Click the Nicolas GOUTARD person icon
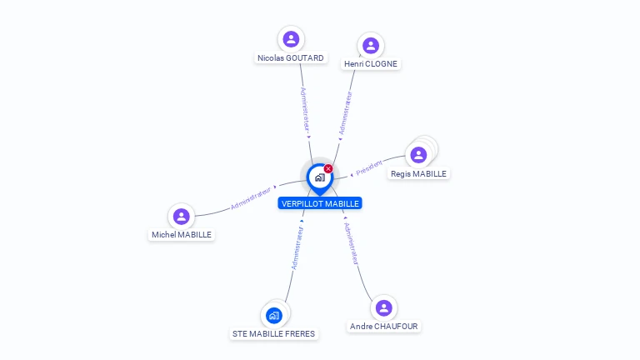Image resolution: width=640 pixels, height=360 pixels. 291,39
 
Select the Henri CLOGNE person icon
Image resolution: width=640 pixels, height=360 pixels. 371,46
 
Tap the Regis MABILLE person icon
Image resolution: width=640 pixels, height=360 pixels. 418,155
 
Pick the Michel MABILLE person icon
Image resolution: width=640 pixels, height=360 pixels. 181,217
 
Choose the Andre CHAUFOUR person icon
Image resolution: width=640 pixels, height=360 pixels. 383,308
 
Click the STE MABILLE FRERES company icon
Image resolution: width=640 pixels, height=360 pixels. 274,315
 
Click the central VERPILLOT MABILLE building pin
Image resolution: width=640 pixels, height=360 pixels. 319,177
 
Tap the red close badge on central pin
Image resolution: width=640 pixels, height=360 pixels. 328,168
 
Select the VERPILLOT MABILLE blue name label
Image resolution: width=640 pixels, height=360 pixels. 320,203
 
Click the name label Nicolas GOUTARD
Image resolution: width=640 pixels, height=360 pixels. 291,58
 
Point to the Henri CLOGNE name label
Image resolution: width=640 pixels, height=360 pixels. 371,64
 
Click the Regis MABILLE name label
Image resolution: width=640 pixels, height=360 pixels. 418,174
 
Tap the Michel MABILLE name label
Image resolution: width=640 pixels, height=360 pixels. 182,235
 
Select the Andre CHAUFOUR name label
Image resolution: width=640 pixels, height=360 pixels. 384,327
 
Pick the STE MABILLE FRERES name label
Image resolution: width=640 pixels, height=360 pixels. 274,333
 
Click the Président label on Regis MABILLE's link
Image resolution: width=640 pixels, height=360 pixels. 369,167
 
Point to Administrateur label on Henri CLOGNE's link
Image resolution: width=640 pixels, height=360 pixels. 345,113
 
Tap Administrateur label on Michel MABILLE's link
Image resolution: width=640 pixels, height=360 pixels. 252,198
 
